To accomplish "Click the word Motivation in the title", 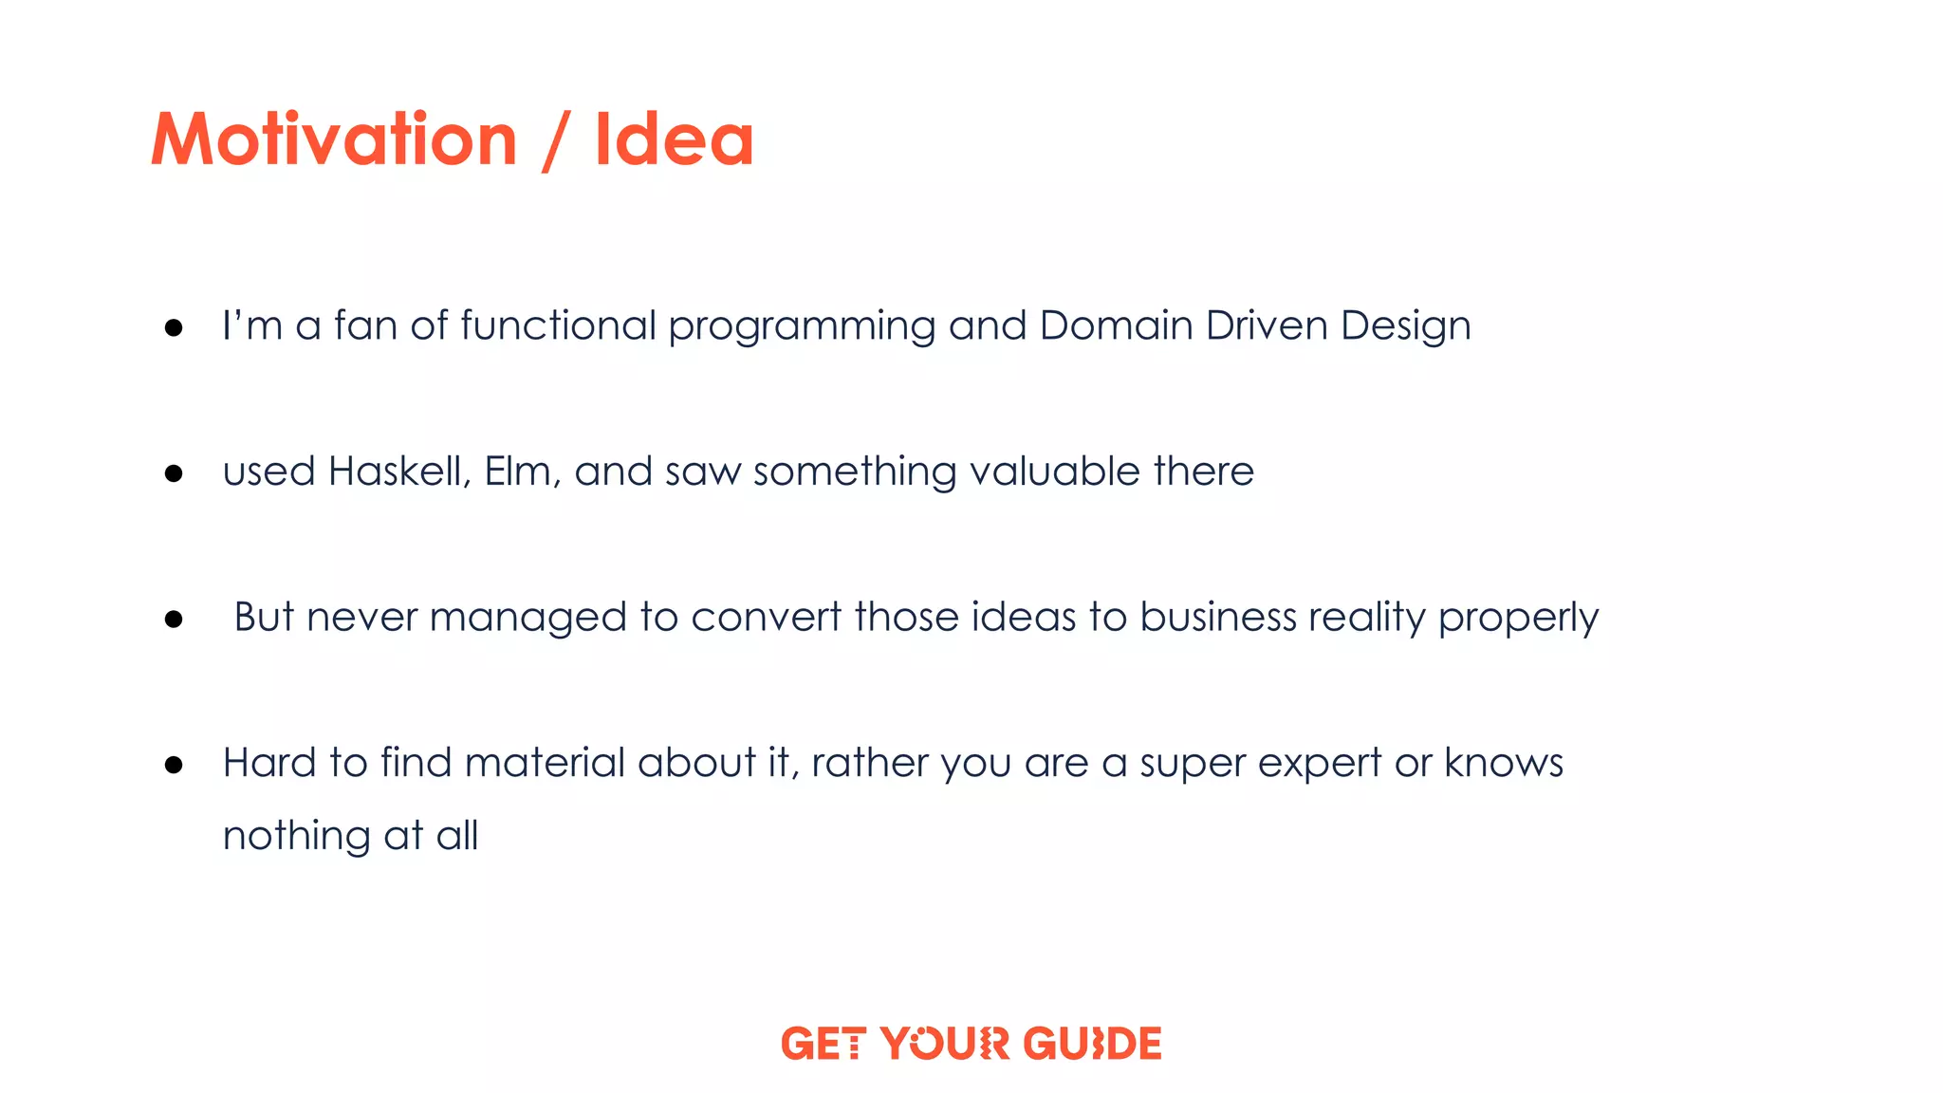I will pos(334,140).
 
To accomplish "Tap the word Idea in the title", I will pos(674,140).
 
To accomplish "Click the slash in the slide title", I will pos(555,142).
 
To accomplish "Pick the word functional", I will pos(558,325).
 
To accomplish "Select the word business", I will pos(1217,618).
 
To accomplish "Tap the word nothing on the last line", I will pos(296,837).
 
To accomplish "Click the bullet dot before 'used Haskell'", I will pos(174,473).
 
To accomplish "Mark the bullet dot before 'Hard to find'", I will pos(174,765).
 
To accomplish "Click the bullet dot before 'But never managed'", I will pos(174,620).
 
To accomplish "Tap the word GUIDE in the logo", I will pos(1093,1044).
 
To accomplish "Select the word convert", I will pos(766,618).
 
